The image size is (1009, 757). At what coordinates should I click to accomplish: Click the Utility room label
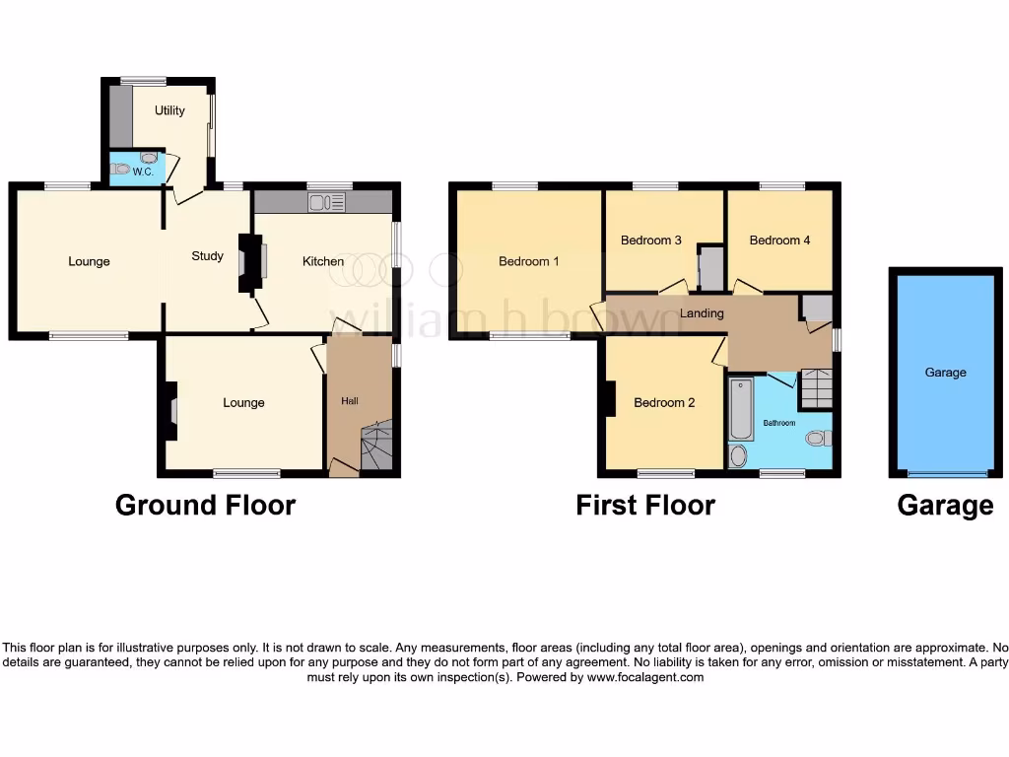[x=169, y=110]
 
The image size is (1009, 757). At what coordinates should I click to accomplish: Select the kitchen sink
[x=321, y=203]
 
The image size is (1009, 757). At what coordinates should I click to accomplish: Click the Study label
[x=207, y=256]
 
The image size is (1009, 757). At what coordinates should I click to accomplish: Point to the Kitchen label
[x=323, y=261]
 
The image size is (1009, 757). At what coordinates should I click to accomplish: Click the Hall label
[x=350, y=401]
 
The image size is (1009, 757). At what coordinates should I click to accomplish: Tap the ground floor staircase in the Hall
[x=375, y=447]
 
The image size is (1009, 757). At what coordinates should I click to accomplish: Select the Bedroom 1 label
[x=529, y=261]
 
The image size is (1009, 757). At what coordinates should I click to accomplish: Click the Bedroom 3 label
[x=651, y=240]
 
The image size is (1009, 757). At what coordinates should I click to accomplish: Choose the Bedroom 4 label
[x=779, y=240]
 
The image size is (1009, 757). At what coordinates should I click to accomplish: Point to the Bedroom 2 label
[x=664, y=402]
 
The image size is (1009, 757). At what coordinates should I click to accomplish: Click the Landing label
[x=702, y=313]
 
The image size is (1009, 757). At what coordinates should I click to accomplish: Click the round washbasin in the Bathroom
[x=738, y=455]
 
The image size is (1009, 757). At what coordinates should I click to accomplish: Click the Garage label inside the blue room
[x=945, y=373]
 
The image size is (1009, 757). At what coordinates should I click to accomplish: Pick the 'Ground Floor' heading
[x=205, y=506]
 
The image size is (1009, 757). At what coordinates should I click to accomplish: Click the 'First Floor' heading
[x=645, y=506]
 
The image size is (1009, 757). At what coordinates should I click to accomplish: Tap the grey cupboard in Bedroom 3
[x=710, y=267]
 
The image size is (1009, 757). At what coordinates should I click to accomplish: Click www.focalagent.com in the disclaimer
[x=645, y=677]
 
